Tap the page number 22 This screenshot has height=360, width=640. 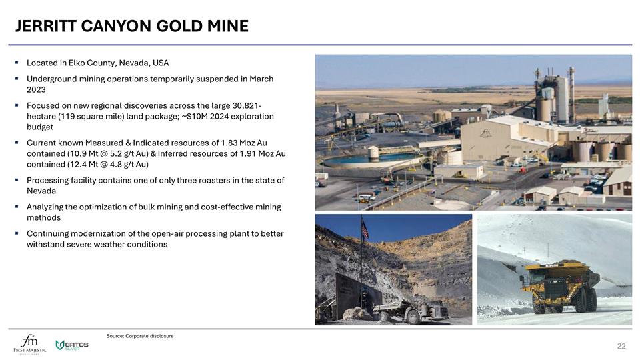click(x=621, y=346)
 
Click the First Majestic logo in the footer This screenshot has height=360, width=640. click(x=30, y=343)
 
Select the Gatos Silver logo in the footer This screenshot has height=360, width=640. click(x=71, y=345)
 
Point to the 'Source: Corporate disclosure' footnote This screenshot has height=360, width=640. click(x=140, y=336)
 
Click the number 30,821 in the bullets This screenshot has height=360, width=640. click(x=243, y=106)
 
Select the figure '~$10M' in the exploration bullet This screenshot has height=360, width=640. click(x=195, y=117)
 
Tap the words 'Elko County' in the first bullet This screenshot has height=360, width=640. click(x=94, y=63)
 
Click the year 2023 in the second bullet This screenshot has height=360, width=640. click(x=36, y=90)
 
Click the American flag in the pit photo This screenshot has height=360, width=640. click(x=365, y=229)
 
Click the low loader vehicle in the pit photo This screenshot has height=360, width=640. click(x=408, y=311)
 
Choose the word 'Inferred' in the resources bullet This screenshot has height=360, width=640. click(x=183, y=154)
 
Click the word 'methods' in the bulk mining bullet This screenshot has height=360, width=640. click(x=43, y=218)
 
